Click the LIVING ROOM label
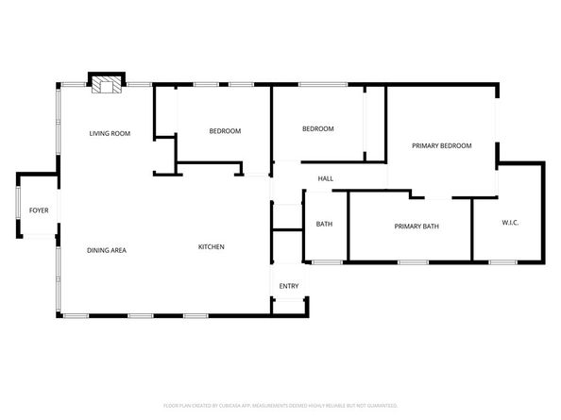click(x=110, y=133)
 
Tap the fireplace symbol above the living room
click(x=106, y=85)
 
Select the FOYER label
click(x=39, y=210)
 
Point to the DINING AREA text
click(x=107, y=250)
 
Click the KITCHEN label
click(x=211, y=247)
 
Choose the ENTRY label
click(x=288, y=286)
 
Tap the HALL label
click(x=325, y=178)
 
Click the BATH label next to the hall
click(x=324, y=225)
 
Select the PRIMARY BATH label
click(x=416, y=227)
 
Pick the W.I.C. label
click(x=510, y=223)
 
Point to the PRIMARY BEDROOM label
click(x=442, y=146)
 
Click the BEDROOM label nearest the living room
click(x=225, y=130)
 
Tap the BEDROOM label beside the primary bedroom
click(x=317, y=129)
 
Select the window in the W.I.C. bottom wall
click(x=501, y=260)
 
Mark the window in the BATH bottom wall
click(x=326, y=260)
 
